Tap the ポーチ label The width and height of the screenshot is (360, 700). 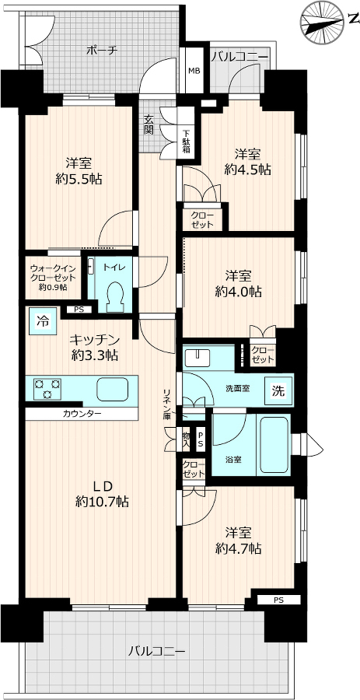coord(102,51)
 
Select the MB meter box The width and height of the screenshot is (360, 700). coord(194,71)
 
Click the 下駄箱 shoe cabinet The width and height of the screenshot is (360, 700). coord(186,141)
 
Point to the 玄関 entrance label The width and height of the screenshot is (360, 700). coord(149,124)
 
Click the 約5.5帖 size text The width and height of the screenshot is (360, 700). coord(79,180)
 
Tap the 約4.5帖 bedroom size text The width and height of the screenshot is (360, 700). coord(248,170)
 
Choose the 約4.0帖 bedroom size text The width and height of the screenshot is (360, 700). coord(238,292)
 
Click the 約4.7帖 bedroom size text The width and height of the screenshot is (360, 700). coord(238,548)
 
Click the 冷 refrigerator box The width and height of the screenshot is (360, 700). coord(44,320)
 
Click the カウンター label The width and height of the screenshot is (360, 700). coord(82,414)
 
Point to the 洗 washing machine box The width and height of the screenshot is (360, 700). coord(278,391)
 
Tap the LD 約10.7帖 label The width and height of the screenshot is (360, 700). coord(102,493)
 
